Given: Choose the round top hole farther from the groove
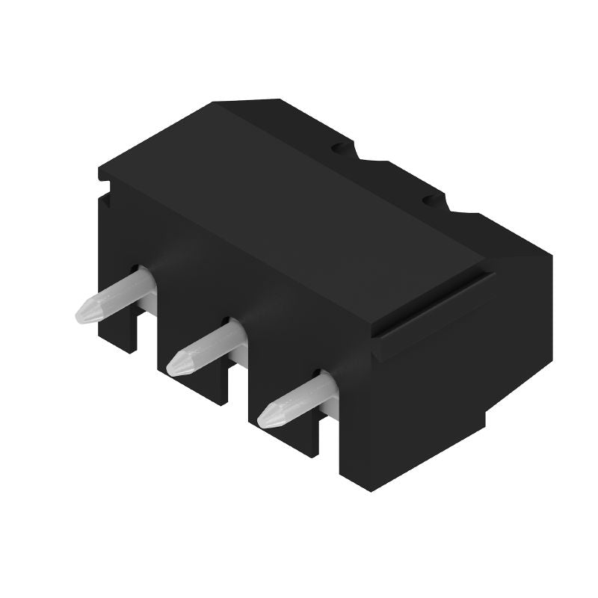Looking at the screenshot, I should coord(340,147).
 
